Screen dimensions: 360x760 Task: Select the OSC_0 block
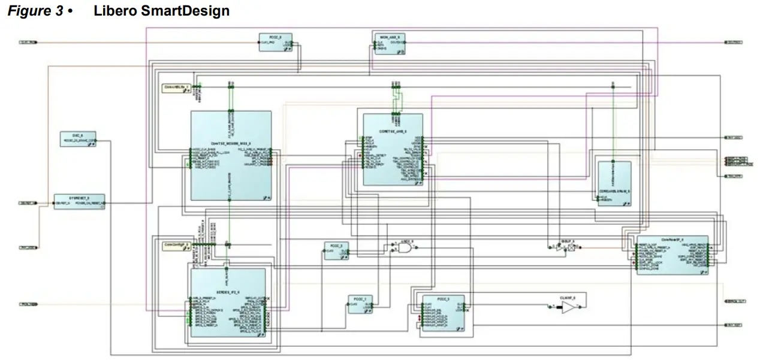[78, 139]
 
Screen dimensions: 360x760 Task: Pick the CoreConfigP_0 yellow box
[177, 245]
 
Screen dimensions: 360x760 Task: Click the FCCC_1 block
[361, 304]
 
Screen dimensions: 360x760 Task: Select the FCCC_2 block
[336, 250]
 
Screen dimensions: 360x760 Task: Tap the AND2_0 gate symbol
[405, 247]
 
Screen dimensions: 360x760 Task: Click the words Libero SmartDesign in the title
[161, 11]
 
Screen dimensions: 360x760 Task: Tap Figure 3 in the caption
[35, 11]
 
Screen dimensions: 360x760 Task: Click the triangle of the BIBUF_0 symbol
[559, 247]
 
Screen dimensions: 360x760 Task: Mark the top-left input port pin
[29, 43]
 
